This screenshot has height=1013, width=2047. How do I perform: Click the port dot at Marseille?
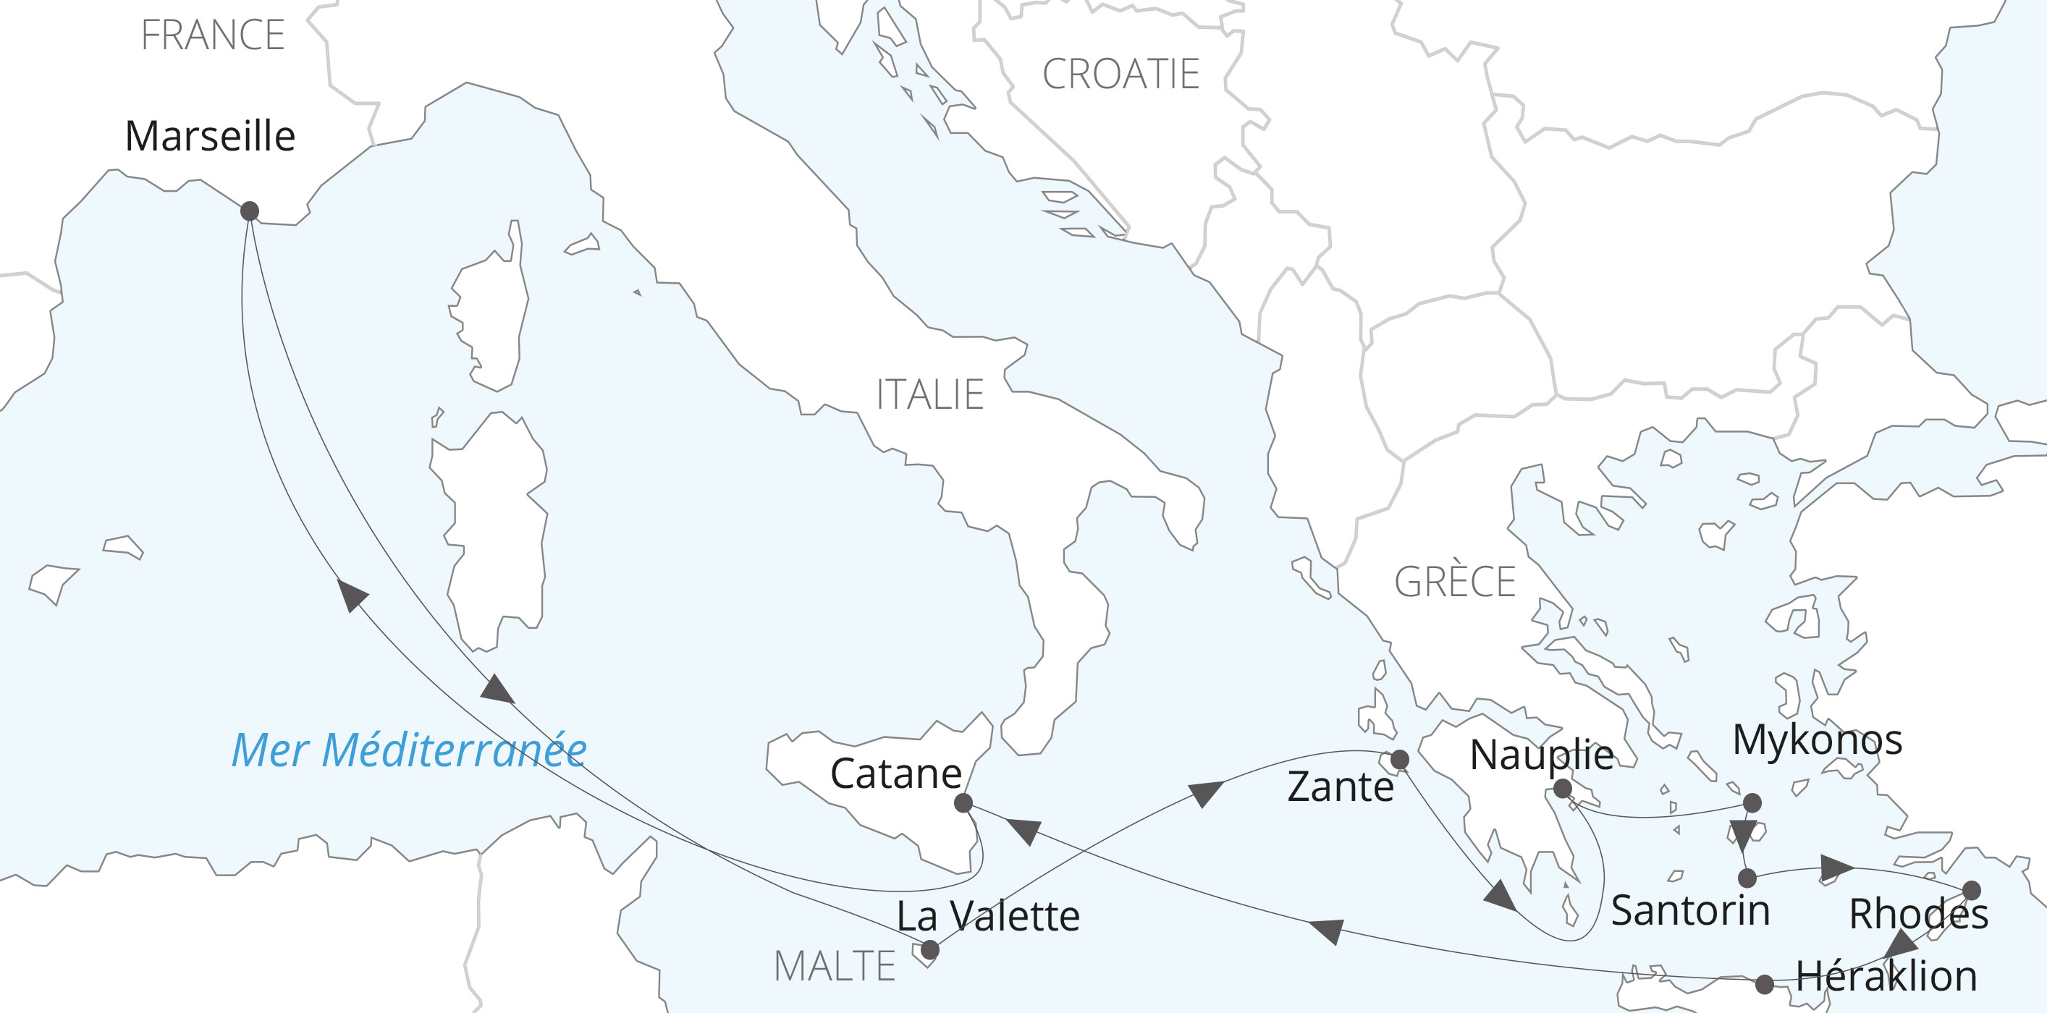point(250,211)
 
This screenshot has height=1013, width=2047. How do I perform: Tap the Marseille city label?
point(211,136)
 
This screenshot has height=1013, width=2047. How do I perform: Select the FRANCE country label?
point(213,35)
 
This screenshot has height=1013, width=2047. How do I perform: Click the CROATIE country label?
point(1120,75)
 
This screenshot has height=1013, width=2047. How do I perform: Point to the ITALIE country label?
point(929,395)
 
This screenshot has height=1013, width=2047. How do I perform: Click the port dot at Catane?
point(963,803)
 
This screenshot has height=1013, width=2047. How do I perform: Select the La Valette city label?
point(988,916)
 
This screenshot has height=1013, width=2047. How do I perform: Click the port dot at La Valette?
point(929,949)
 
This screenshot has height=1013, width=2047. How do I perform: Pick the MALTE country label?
point(835,967)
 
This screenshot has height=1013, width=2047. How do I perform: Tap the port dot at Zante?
point(1399,760)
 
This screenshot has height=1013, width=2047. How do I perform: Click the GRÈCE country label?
point(1455,582)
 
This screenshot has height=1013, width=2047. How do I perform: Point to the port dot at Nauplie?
point(1562,789)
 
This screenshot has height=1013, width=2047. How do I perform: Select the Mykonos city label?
point(1818,740)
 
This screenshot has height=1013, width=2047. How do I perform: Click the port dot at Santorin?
point(1747,878)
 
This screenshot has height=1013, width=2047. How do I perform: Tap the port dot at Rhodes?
point(1972,890)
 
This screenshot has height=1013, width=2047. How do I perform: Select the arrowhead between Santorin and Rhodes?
point(1836,868)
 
